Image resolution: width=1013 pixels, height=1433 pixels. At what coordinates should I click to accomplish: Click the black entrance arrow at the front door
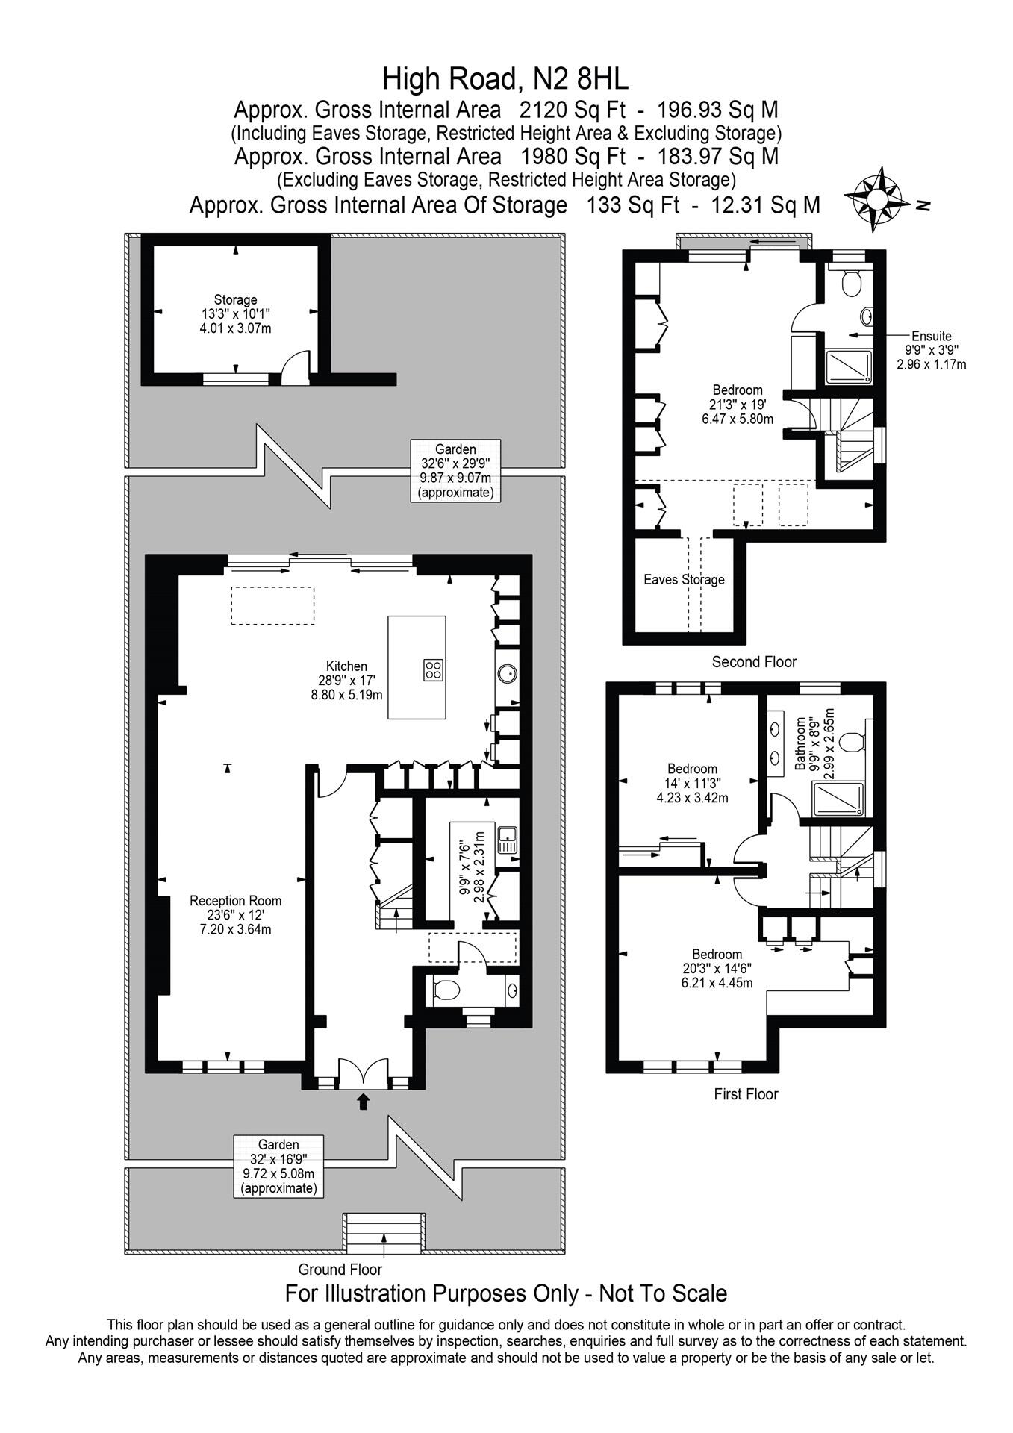(x=364, y=1101)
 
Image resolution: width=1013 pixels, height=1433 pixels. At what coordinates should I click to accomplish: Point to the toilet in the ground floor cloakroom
(x=446, y=990)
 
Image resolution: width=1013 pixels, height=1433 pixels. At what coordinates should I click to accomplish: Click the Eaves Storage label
(x=684, y=579)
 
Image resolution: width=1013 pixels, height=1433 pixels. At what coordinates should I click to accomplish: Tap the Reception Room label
(x=235, y=914)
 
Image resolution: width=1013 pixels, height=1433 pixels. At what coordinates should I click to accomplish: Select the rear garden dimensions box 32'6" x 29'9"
(x=455, y=471)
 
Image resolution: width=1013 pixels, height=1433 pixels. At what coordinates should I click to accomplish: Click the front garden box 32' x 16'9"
(x=278, y=1166)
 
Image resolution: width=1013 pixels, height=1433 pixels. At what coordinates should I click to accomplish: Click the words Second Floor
(x=754, y=661)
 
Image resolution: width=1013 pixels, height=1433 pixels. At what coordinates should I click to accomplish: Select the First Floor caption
(x=746, y=1094)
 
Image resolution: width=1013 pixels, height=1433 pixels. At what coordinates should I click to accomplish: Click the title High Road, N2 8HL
(x=505, y=78)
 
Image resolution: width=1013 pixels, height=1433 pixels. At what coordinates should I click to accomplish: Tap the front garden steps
(x=384, y=1232)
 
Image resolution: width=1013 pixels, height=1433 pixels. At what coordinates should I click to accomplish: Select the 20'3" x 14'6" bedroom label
(x=717, y=968)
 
